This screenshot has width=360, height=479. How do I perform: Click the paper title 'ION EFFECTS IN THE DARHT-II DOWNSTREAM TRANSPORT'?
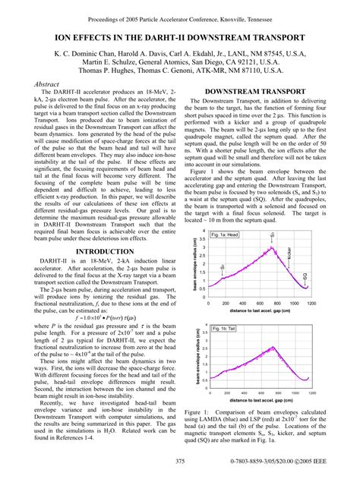click(180, 36)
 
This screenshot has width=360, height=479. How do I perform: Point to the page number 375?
click(180, 462)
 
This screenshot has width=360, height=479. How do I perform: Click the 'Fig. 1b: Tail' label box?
click(225, 328)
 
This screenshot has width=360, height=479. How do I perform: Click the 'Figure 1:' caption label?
click(199, 410)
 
